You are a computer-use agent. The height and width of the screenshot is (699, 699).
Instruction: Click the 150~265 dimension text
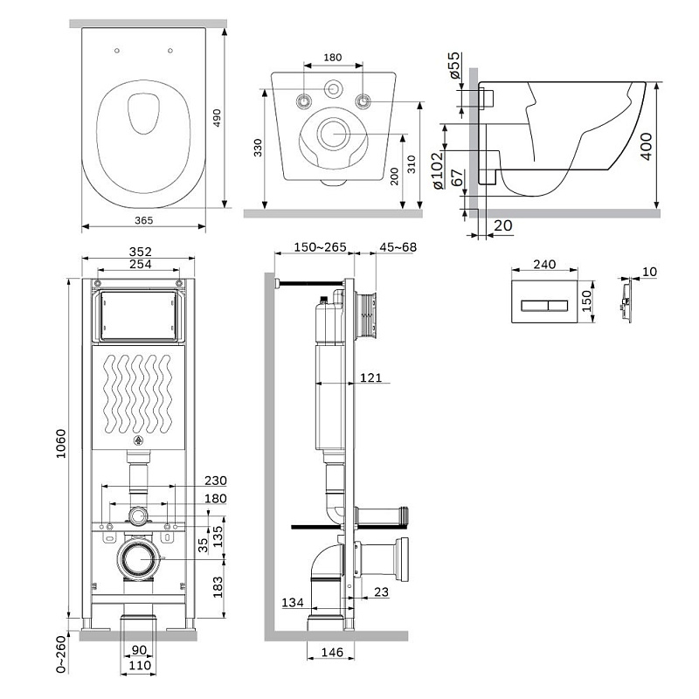click(x=313, y=247)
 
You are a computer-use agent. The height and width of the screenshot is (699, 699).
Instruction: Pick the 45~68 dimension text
click(x=397, y=247)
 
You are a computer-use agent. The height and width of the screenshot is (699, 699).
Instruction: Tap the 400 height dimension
click(x=670, y=144)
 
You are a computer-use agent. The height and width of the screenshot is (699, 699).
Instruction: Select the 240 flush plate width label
click(x=544, y=265)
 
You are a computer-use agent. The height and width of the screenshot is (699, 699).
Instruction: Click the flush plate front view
click(x=543, y=305)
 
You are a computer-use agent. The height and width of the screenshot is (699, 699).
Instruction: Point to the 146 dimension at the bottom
click(x=329, y=652)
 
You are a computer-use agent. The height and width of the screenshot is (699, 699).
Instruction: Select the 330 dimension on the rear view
click(x=258, y=149)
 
